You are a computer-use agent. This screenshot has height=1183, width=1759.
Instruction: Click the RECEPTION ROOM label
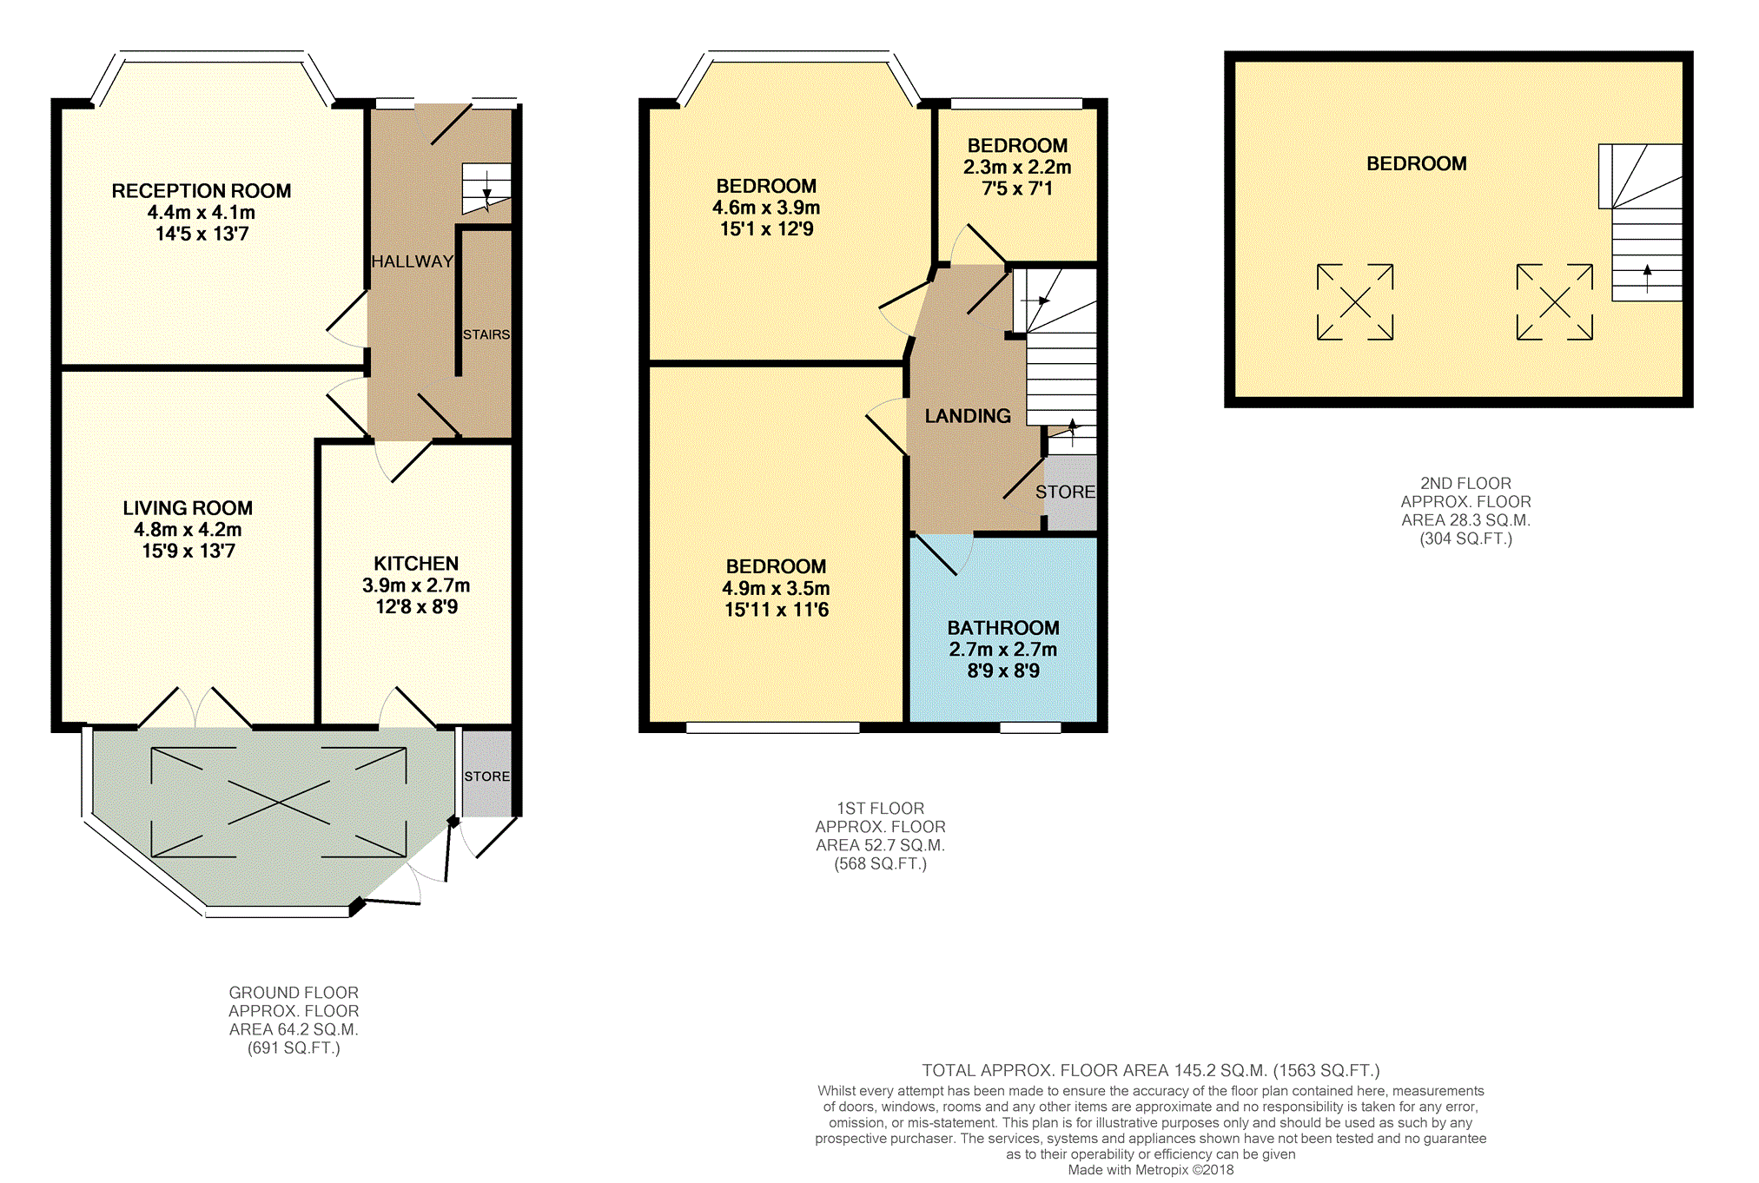tap(202, 191)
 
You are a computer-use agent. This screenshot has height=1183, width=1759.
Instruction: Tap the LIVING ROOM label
tap(188, 508)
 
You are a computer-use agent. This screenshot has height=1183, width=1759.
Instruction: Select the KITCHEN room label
tap(416, 564)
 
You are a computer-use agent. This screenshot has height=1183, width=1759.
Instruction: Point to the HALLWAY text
tap(413, 261)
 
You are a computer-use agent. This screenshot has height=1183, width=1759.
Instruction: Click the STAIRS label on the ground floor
tap(486, 334)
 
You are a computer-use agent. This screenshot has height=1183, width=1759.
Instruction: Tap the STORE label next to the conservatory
tap(487, 777)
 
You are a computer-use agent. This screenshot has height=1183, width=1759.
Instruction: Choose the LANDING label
tap(968, 416)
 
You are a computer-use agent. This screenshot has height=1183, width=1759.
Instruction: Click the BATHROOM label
tap(1003, 628)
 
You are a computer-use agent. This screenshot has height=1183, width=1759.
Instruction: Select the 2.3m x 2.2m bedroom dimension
tap(1017, 167)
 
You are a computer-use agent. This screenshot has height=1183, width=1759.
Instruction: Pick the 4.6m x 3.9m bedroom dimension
tap(766, 208)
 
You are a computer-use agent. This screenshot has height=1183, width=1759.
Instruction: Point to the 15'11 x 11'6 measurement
tap(777, 610)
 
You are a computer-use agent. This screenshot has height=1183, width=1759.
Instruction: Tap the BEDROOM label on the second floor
tap(1417, 163)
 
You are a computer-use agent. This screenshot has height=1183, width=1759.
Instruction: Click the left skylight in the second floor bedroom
tap(1355, 302)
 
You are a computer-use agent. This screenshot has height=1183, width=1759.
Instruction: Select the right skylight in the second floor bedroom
tap(1555, 302)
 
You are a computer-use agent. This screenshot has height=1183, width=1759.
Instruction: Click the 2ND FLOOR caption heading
tap(1465, 484)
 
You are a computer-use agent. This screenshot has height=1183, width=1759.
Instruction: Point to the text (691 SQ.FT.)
tap(294, 1048)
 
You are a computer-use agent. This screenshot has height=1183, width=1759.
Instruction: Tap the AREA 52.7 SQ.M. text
tap(880, 845)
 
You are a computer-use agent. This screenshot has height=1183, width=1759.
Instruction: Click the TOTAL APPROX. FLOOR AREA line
tap(1151, 1071)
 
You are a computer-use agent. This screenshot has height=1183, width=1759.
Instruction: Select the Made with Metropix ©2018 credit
tap(1151, 1170)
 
